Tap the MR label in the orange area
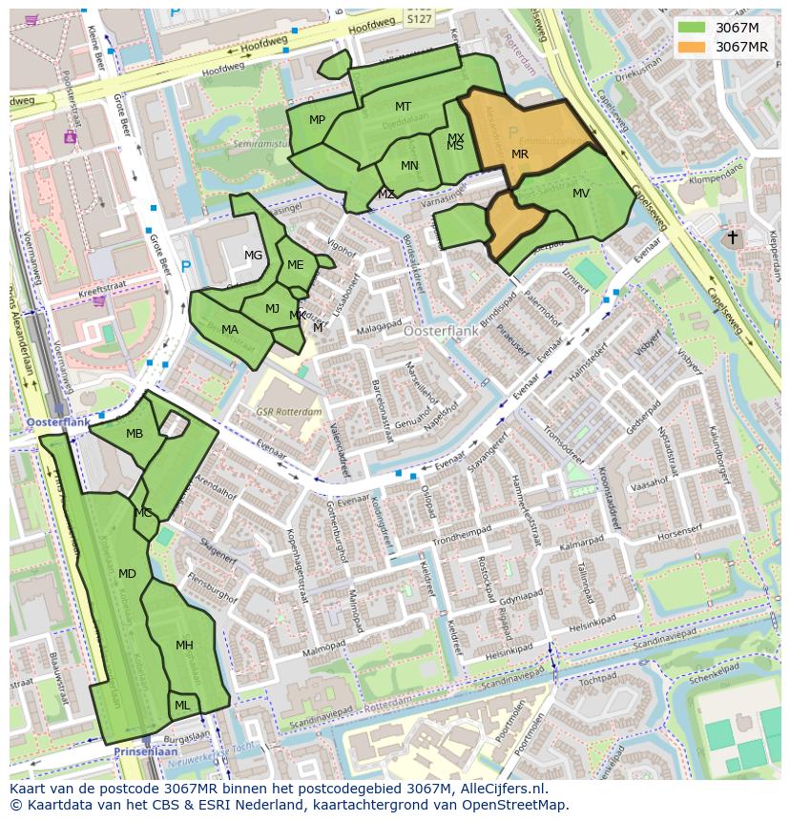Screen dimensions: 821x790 [x=520, y=154]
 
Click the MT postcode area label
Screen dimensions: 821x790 [x=404, y=107]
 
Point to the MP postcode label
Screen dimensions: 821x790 [x=318, y=119]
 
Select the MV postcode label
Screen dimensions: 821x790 [x=581, y=194]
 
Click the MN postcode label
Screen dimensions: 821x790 [x=409, y=166]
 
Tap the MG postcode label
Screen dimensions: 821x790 [x=253, y=255]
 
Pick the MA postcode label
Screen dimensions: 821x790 [x=230, y=330]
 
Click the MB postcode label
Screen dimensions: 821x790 [x=135, y=434]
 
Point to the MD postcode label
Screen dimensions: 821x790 [x=127, y=573]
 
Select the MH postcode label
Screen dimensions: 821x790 [x=184, y=646]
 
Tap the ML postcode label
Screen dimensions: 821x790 [x=181, y=706]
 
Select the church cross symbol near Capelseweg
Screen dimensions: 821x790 [x=733, y=237]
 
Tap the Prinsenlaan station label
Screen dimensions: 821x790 [x=140, y=751]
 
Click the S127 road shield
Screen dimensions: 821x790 [x=418, y=16]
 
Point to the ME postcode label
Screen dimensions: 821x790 [x=296, y=265]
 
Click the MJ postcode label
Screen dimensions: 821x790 [x=272, y=308]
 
